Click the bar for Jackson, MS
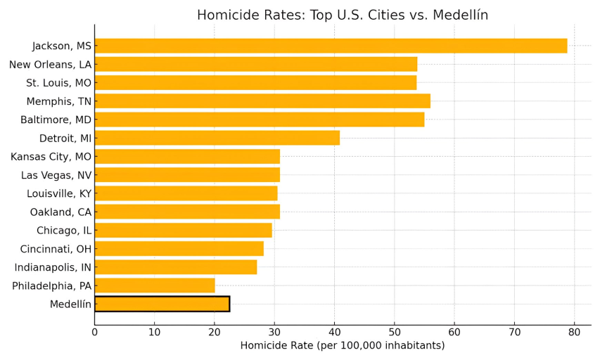tap(331, 46)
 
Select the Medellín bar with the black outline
tap(162, 304)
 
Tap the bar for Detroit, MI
tap(217, 138)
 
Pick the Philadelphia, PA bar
tap(155, 285)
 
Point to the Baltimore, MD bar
tap(259, 120)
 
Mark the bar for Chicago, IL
tap(183, 231)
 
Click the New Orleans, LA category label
tap(50, 65)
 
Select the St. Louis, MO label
tap(58, 83)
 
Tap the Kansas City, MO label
tap(51, 157)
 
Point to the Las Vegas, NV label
tap(56, 175)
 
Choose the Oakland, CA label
tap(60, 212)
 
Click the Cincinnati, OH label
tap(56, 249)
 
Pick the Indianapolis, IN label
tap(53, 267)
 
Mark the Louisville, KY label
tap(59, 193)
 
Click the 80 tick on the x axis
tap(574, 332)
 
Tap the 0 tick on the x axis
tap(95, 332)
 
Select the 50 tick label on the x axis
tap(394, 332)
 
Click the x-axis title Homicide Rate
tap(343, 346)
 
